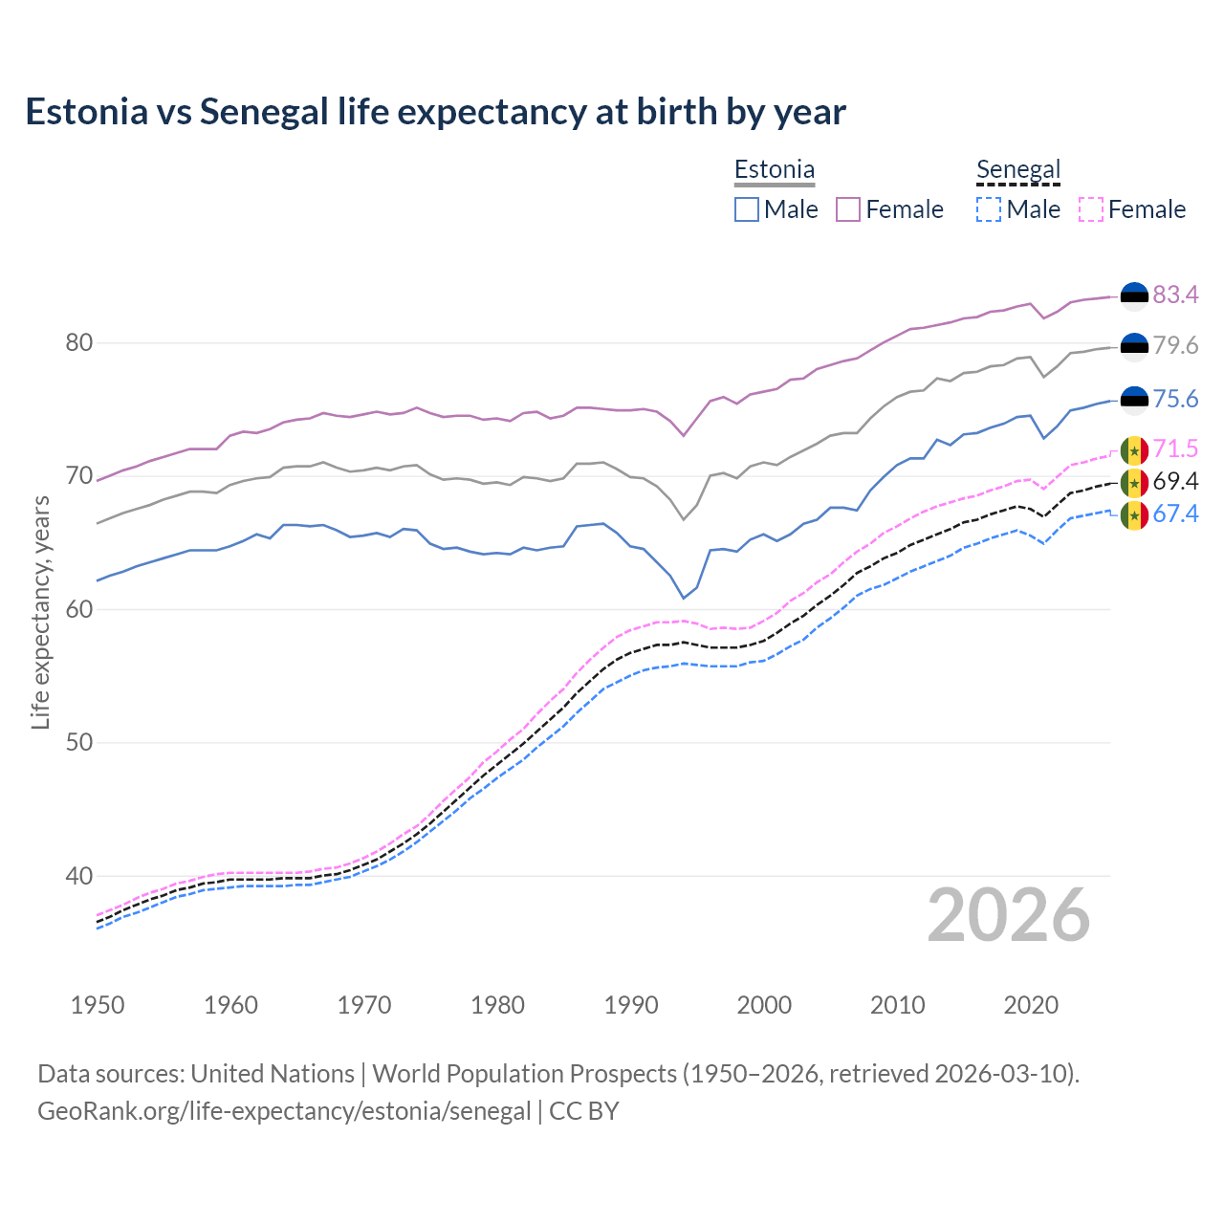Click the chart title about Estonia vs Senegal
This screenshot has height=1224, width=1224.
(x=435, y=112)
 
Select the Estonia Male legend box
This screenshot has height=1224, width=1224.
(x=747, y=209)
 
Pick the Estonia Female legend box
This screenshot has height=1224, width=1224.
(x=848, y=209)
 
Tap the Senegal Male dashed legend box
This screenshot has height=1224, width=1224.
(x=989, y=209)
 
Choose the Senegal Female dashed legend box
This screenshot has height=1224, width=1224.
(x=1090, y=209)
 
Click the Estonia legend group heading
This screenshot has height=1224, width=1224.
(x=775, y=170)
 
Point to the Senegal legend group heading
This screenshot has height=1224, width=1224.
(x=1018, y=170)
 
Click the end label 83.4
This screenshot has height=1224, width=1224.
(x=1175, y=295)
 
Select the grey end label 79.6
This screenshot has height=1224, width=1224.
(x=1175, y=346)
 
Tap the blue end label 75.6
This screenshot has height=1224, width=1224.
(x=1175, y=400)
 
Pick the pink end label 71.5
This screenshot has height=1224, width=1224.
(x=1175, y=449)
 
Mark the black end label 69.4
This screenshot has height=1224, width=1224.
(x=1175, y=481)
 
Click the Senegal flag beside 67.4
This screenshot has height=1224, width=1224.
(x=1134, y=515)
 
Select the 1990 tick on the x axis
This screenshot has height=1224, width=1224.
(x=631, y=1005)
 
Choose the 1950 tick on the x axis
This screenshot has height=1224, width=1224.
(x=98, y=1005)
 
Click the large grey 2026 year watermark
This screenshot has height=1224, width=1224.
(x=1009, y=915)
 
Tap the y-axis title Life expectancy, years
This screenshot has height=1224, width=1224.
(x=40, y=612)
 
